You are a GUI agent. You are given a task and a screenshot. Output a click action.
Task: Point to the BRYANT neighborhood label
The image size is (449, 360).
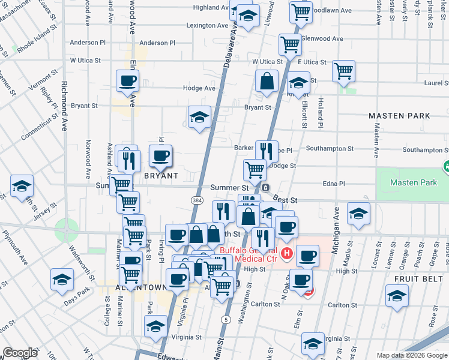pos(161,176)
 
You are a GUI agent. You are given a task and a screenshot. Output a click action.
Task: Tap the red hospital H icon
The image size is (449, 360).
pos(286,253)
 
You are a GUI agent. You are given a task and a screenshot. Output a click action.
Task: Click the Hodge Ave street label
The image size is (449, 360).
pos(200,88)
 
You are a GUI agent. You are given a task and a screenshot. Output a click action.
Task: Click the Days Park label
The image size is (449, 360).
pos(78,290)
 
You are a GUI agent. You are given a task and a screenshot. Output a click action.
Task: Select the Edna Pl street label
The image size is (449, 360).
pos(334,184)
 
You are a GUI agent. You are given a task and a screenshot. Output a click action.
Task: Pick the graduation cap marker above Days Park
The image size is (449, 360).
pos(61,280)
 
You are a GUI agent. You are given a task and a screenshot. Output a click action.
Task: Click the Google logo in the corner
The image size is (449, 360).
pos(19,353)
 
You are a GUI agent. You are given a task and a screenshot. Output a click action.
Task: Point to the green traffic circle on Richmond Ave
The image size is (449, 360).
pos(66,230)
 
